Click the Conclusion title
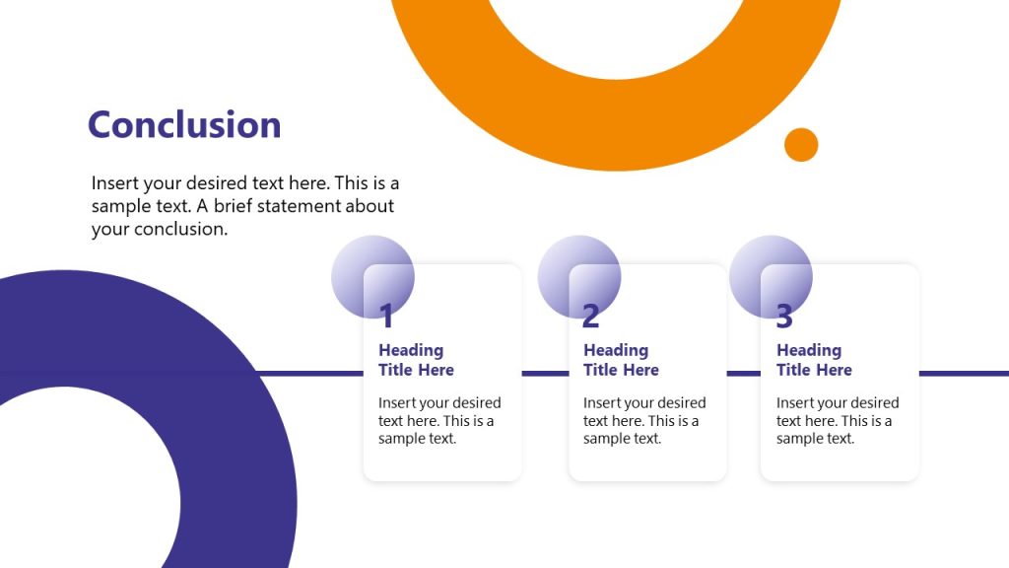[x=184, y=125]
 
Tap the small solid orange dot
[x=801, y=145]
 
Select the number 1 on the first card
[x=386, y=317]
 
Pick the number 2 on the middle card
[x=590, y=317]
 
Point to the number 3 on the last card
[x=784, y=317]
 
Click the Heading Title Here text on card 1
[x=416, y=360]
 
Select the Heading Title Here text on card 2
[x=621, y=360]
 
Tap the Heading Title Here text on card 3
[x=814, y=360]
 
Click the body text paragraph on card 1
[x=439, y=421]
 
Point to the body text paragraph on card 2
[x=644, y=421]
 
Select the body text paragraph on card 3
[x=838, y=421]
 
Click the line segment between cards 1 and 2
[x=545, y=374]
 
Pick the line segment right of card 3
[x=964, y=374]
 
